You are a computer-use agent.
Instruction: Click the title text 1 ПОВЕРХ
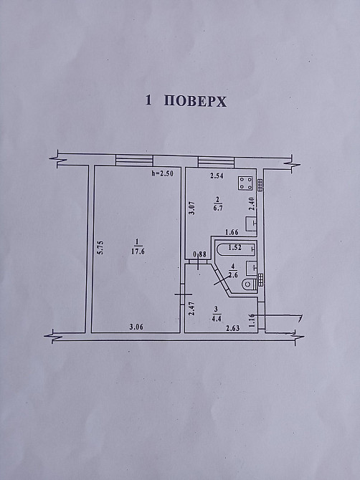[x=186, y=101]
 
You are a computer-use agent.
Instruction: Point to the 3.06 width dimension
[x=137, y=327]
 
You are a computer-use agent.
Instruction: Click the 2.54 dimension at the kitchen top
[x=217, y=176]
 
